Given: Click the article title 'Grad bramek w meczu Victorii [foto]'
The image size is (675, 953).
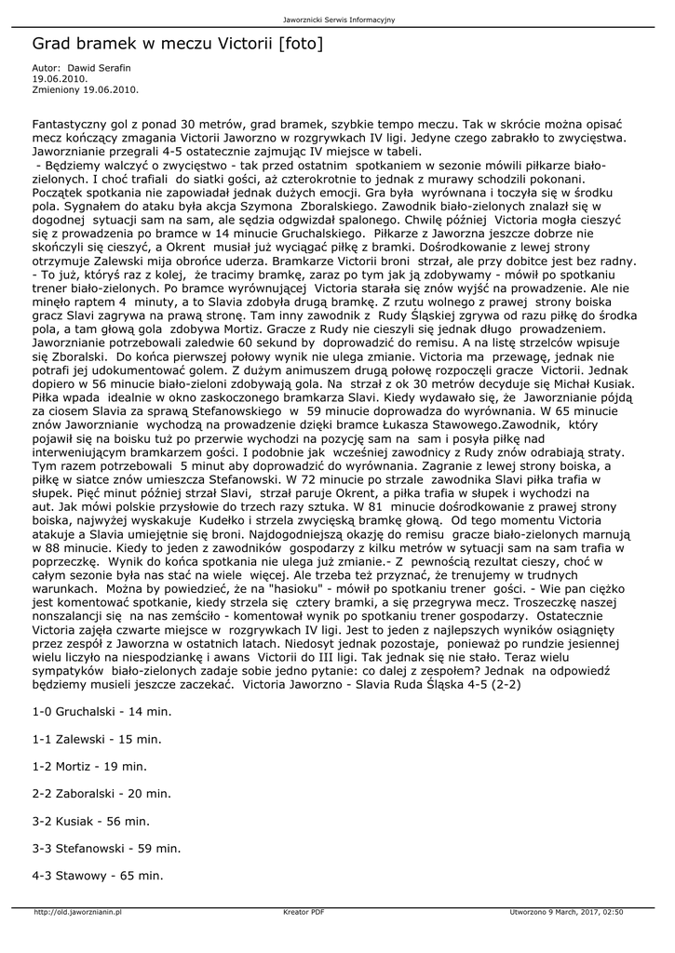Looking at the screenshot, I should pyautogui.click(x=177, y=44).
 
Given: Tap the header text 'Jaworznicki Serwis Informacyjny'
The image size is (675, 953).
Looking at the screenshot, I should pyautogui.click(x=339, y=20).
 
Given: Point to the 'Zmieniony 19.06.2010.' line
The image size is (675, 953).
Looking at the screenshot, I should pyautogui.click(x=85, y=89).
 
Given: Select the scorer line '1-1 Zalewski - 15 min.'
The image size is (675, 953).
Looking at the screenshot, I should pyautogui.click(x=97, y=739).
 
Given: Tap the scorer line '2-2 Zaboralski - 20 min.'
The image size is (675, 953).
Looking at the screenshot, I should pyautogui.click(x=101, y=794).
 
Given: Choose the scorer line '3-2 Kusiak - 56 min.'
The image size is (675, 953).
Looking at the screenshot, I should pyautogui.click(x=90, y=821).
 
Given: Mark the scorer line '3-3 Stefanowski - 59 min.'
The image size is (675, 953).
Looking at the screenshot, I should pyautogui.click(x=106, y=848).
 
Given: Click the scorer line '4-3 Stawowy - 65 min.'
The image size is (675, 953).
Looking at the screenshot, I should pyautogui.click(x=98, y=876).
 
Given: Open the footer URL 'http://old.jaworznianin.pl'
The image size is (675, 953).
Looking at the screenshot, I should pyautogui.click(x=78, y=913).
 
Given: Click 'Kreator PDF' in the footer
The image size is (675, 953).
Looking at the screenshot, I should pyautogui.click(x=304, y=913).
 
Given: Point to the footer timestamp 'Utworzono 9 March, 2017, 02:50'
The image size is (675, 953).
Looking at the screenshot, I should pyautogui.click(x=566, y=913).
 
